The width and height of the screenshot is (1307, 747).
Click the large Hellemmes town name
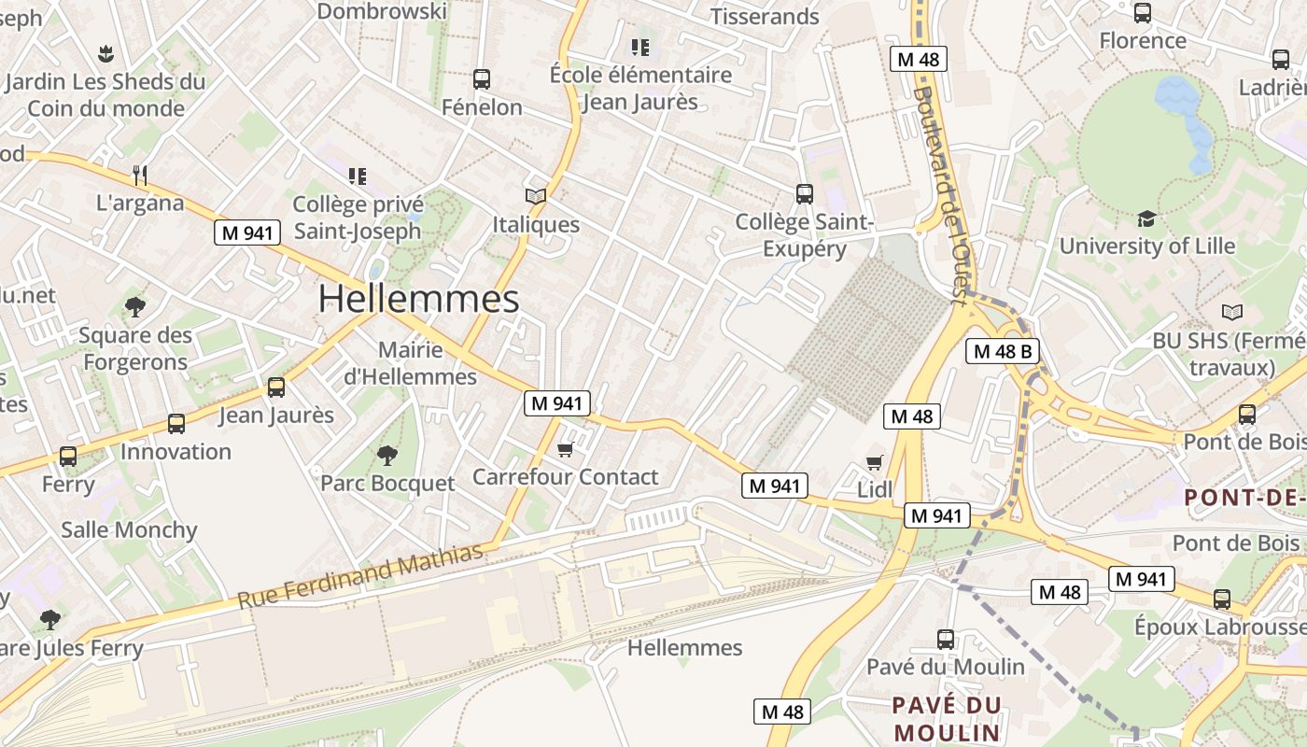point(418,299)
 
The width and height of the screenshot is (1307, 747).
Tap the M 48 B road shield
point(1002,351)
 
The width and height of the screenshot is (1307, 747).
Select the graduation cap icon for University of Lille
point(1145,218)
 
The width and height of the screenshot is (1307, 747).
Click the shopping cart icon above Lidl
point(875,462)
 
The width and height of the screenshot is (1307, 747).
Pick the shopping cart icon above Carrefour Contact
point(565,451)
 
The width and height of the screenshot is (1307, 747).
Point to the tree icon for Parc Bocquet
point(386,456)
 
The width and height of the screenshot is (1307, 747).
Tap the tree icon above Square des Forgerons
point(135,306)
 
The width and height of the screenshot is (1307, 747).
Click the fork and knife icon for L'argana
point(140,175)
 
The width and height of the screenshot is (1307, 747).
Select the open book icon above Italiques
point(536,196)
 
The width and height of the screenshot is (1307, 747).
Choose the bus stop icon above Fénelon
point(482,79)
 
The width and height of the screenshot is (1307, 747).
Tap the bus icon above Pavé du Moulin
point(946,640)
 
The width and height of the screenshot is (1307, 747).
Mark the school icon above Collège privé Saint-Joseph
point(357,176)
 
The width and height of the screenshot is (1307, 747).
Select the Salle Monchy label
point(130,530)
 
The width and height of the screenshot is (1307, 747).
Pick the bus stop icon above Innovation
point(176,424)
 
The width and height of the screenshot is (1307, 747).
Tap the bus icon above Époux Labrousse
point(1222,599)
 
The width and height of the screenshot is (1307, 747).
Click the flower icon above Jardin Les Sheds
point(105,52)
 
